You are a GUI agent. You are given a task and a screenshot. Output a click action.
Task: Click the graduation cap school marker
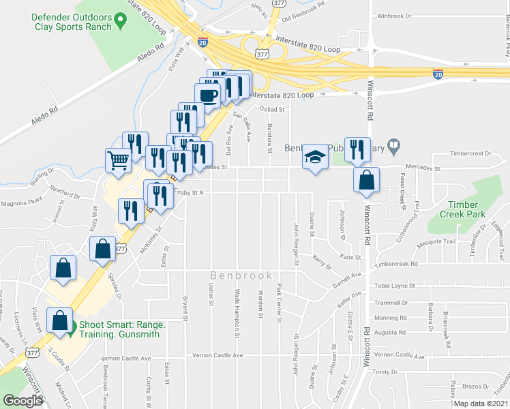point(314,157)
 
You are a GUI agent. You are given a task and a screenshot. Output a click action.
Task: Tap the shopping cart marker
point(118,160)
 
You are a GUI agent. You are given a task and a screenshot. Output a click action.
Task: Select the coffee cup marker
point(208,94)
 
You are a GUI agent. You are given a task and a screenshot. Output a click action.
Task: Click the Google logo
point(22,401)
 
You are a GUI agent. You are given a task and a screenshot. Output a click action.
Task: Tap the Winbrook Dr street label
point(395,16)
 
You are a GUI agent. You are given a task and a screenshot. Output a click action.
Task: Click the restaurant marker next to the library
point(357,149)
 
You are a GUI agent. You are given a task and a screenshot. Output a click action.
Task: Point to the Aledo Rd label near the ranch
point(150,54)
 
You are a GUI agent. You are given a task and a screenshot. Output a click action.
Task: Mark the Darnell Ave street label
point(346,275)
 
